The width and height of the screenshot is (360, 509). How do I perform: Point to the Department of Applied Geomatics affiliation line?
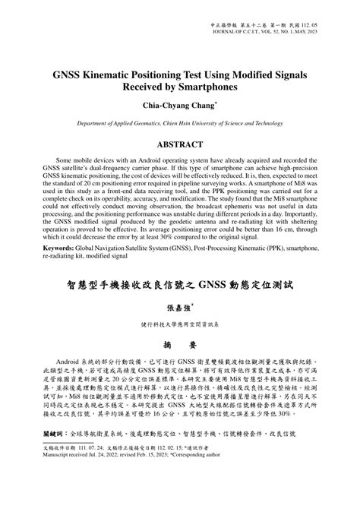tap(180, 122)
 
